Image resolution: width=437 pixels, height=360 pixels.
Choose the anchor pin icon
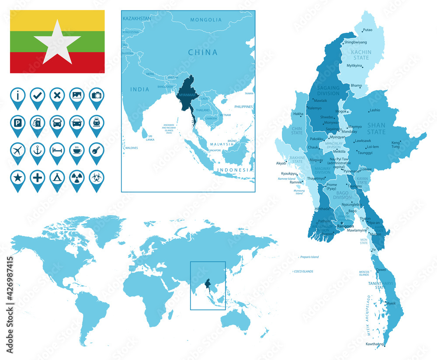(38, 150)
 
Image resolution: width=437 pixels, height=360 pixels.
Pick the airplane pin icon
(17, 150)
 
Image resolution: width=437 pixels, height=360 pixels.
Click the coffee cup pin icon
(77, 150)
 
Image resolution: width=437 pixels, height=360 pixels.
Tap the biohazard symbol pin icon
(97, 178)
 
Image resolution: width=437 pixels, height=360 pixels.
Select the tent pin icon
(57, 178)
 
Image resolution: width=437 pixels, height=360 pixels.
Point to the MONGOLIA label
(206, 20)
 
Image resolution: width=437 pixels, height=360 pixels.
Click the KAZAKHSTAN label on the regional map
(137, 18)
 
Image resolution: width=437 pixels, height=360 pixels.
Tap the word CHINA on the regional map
(202, 52)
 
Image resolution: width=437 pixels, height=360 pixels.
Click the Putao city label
(368, 30)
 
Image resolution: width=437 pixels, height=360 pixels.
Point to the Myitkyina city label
(354, 66)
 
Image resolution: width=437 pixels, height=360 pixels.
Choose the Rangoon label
(345, 226)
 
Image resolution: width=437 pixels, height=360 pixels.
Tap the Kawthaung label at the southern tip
(375, 344)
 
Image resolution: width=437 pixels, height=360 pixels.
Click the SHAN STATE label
(376, 128)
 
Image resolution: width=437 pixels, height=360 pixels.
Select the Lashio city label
(375, 110)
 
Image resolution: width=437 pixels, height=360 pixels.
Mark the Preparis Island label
(309, 257)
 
